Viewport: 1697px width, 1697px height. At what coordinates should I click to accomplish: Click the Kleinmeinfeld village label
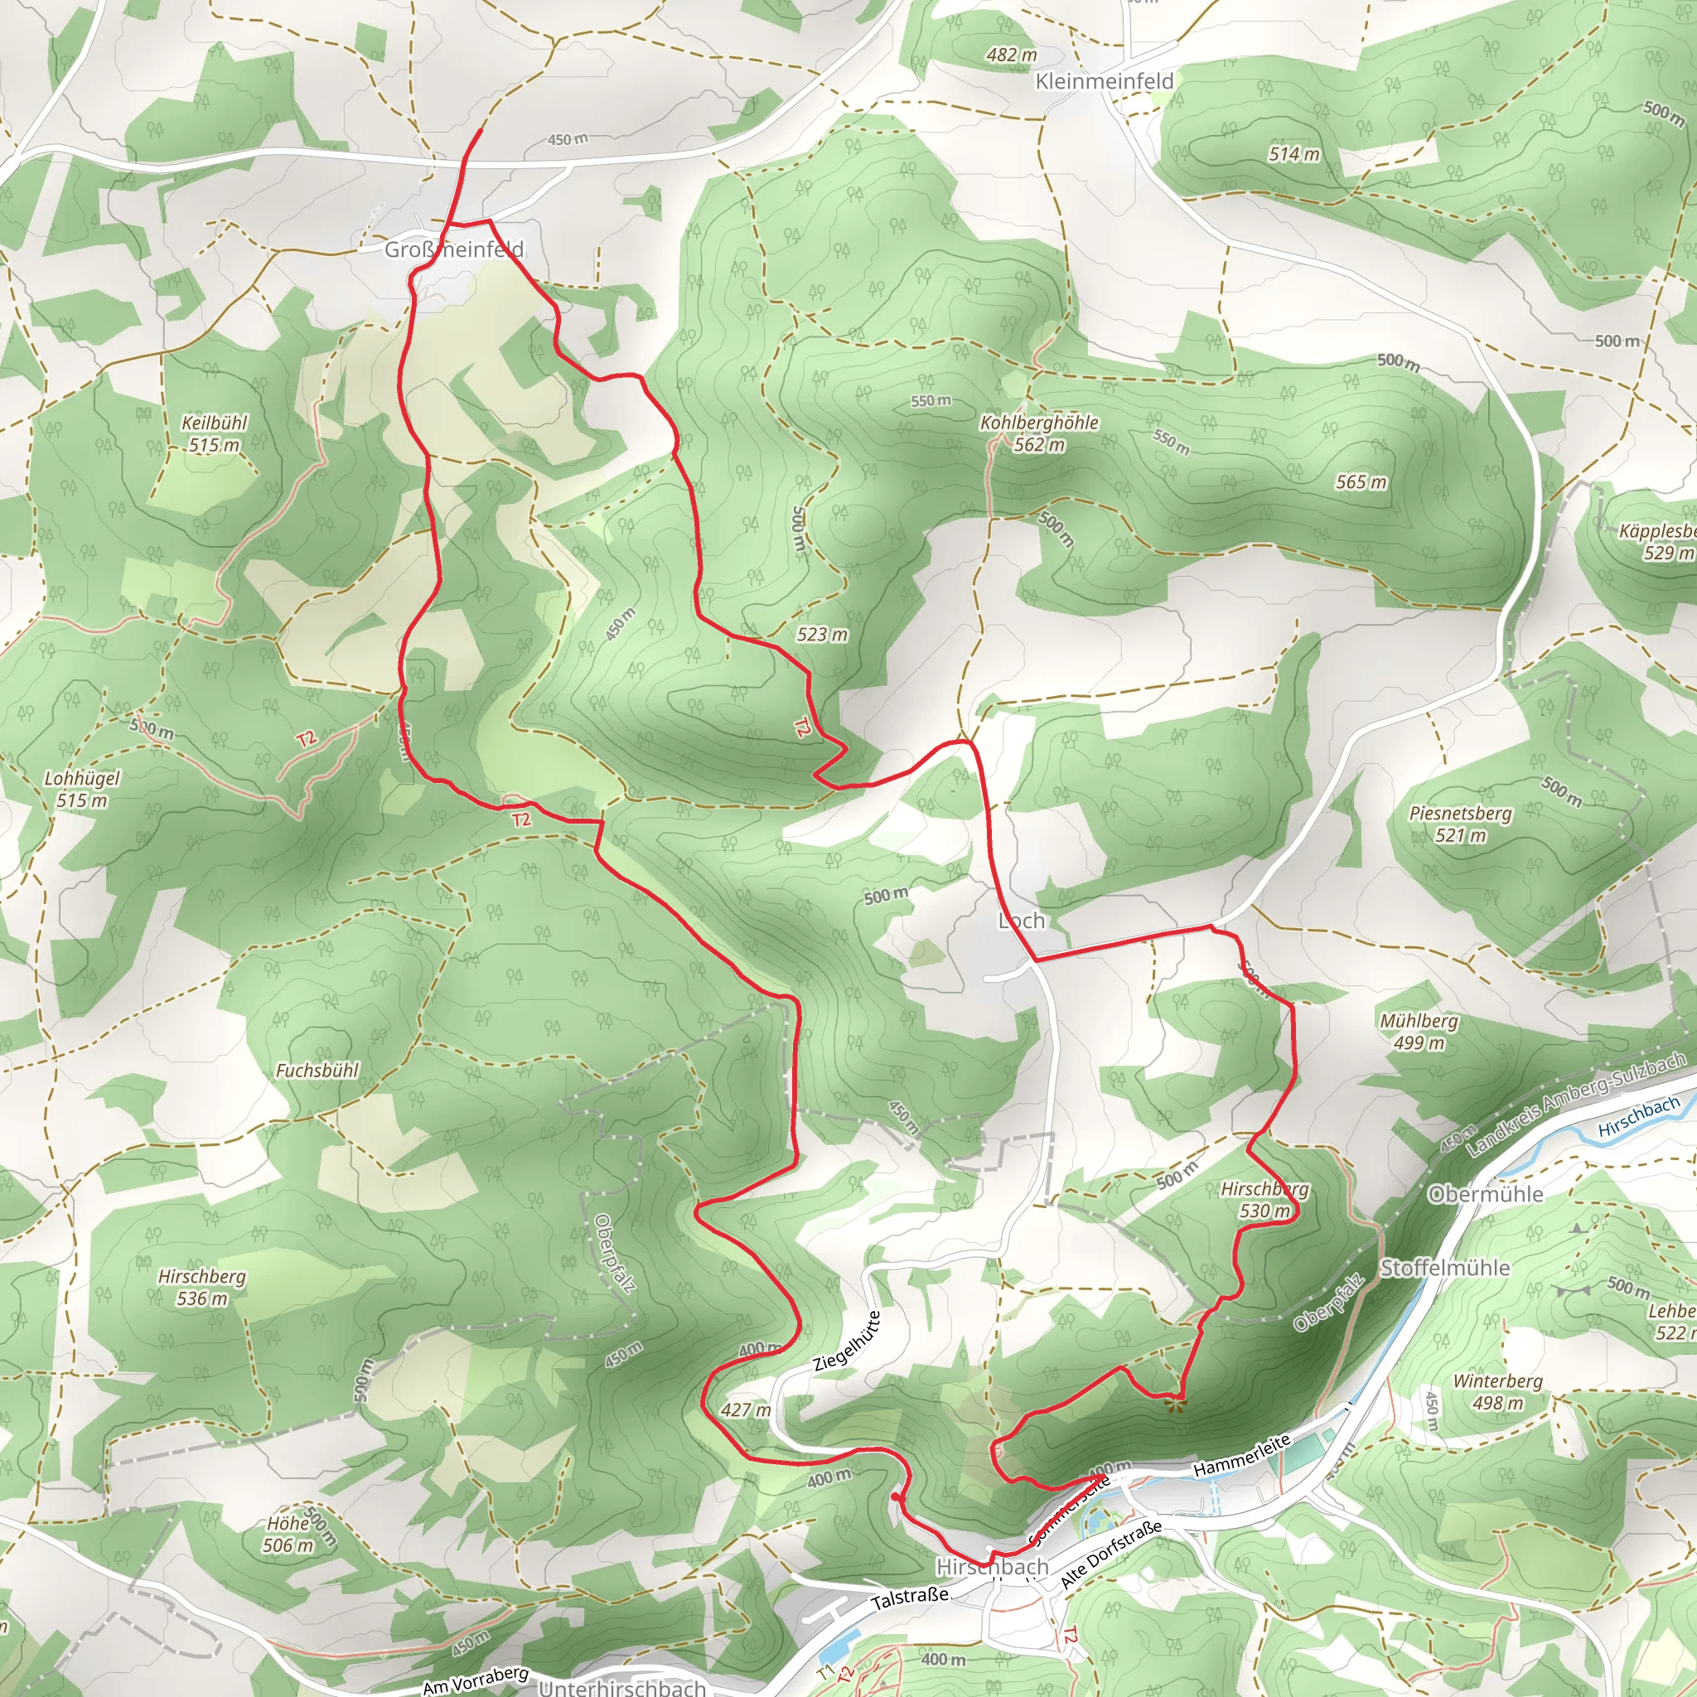pos(1104,82)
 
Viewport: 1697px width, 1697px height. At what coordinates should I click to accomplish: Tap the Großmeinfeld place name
pos(454,249)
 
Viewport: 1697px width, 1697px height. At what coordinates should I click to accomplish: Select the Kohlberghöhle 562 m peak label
pos(1039,433)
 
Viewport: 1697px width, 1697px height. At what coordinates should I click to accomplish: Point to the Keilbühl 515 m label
pos(215,433)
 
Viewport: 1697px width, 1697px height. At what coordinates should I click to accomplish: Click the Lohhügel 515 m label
pos(82,789)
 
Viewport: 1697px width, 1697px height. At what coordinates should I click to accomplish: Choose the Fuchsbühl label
pos(317,1070)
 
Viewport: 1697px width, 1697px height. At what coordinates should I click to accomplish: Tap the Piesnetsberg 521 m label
pos(1460,824)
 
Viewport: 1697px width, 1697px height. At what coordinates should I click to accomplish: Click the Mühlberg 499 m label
pos(1419,1031)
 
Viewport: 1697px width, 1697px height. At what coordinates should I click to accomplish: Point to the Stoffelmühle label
pos(1445,1268)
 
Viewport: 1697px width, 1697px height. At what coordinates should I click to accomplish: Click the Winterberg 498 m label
pos(1496,1391)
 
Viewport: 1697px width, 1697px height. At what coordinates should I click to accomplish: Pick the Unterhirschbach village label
pos(622,1686)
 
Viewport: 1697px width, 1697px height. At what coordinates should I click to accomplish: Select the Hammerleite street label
pos(1241,1453)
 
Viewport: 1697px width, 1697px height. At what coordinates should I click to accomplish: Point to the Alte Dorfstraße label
pos(1110,1554)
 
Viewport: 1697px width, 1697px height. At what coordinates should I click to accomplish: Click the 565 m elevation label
pos(1361,481)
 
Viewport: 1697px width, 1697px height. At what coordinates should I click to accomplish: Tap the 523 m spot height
pos(822,633)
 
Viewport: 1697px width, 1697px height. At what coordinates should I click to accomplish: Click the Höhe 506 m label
pos(289,1534)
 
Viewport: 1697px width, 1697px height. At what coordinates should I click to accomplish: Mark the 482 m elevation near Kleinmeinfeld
pos(1011,55)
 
